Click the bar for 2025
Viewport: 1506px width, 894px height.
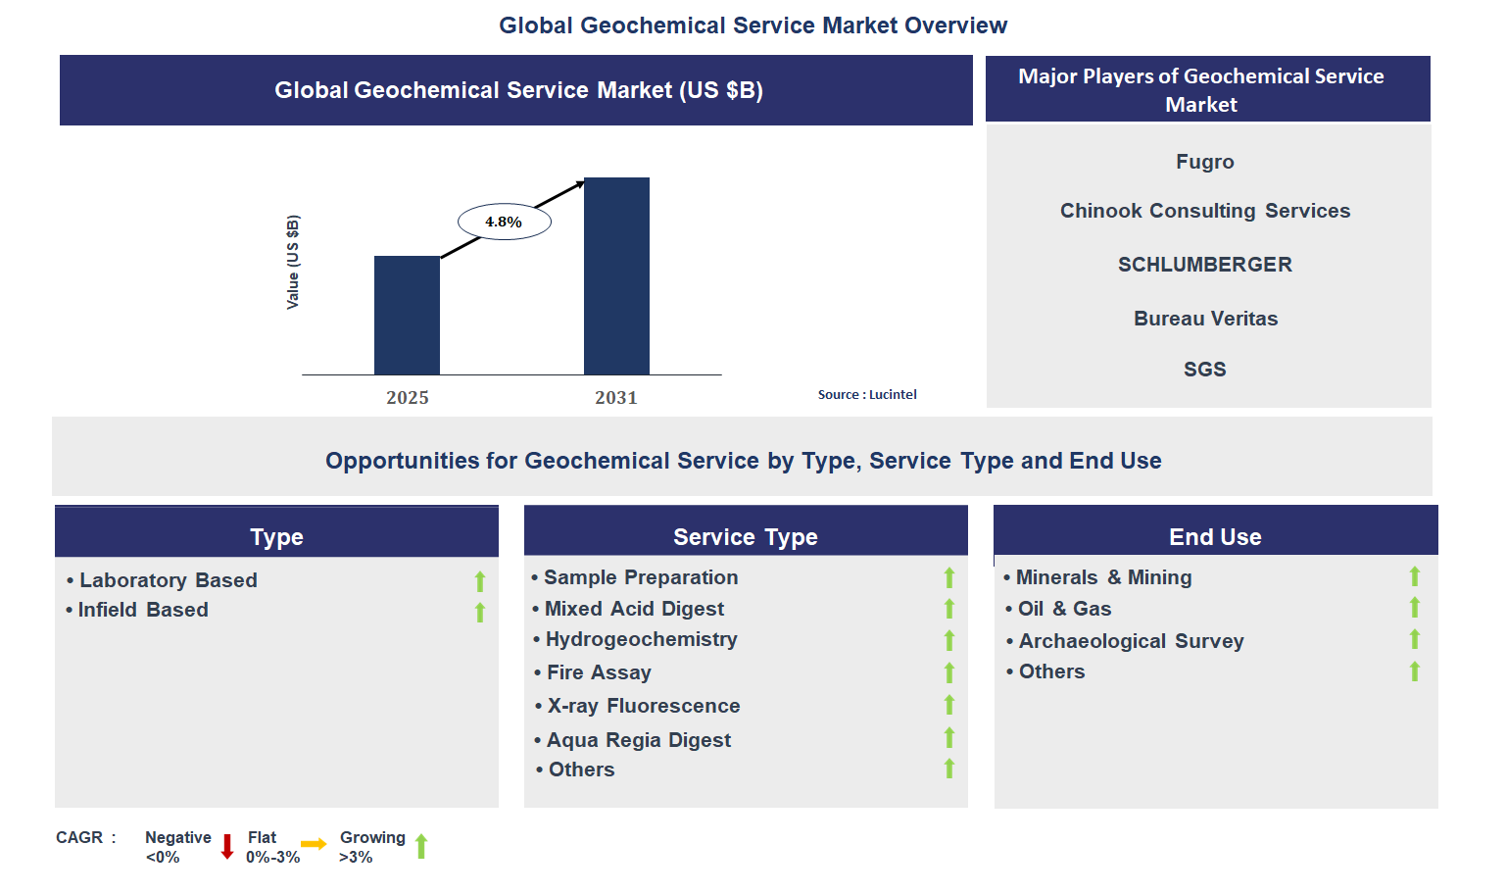click(x=407, y=315)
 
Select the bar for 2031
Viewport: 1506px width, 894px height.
click(x=616, y=275)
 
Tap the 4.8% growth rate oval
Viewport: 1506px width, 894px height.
click(x=504, y=222)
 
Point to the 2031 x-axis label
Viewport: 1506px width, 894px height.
click(x=615, y=397)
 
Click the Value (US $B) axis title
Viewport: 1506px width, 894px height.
click(x=293, y=262)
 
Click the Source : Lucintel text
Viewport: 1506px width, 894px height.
click(x=867, y=394)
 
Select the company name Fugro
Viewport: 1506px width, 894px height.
click(x=1204, y=162)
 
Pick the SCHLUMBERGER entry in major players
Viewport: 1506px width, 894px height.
click(x=1204, y=265)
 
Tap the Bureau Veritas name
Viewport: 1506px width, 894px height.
click(x=1205, y=319)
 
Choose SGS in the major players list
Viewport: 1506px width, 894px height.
click(x=1204, y=370)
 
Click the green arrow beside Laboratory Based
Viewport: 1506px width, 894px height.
click(x=480, y=581)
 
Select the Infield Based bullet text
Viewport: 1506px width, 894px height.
click(x=143, y=610)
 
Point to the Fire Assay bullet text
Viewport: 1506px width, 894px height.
click(x=599, y=672)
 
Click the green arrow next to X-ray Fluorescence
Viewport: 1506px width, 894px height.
click(x=948, y=705)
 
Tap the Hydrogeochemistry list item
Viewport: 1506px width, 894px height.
click(x=641, y=639)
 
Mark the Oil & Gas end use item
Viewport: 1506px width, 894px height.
click(x=1064, y=609)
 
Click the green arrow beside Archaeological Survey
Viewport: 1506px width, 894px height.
click(x=1414, y=640)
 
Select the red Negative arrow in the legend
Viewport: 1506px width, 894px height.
click(x=227, y=847)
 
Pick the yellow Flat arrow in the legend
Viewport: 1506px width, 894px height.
click(x=314, y=844)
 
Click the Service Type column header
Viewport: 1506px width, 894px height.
click(x=745, y=536)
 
